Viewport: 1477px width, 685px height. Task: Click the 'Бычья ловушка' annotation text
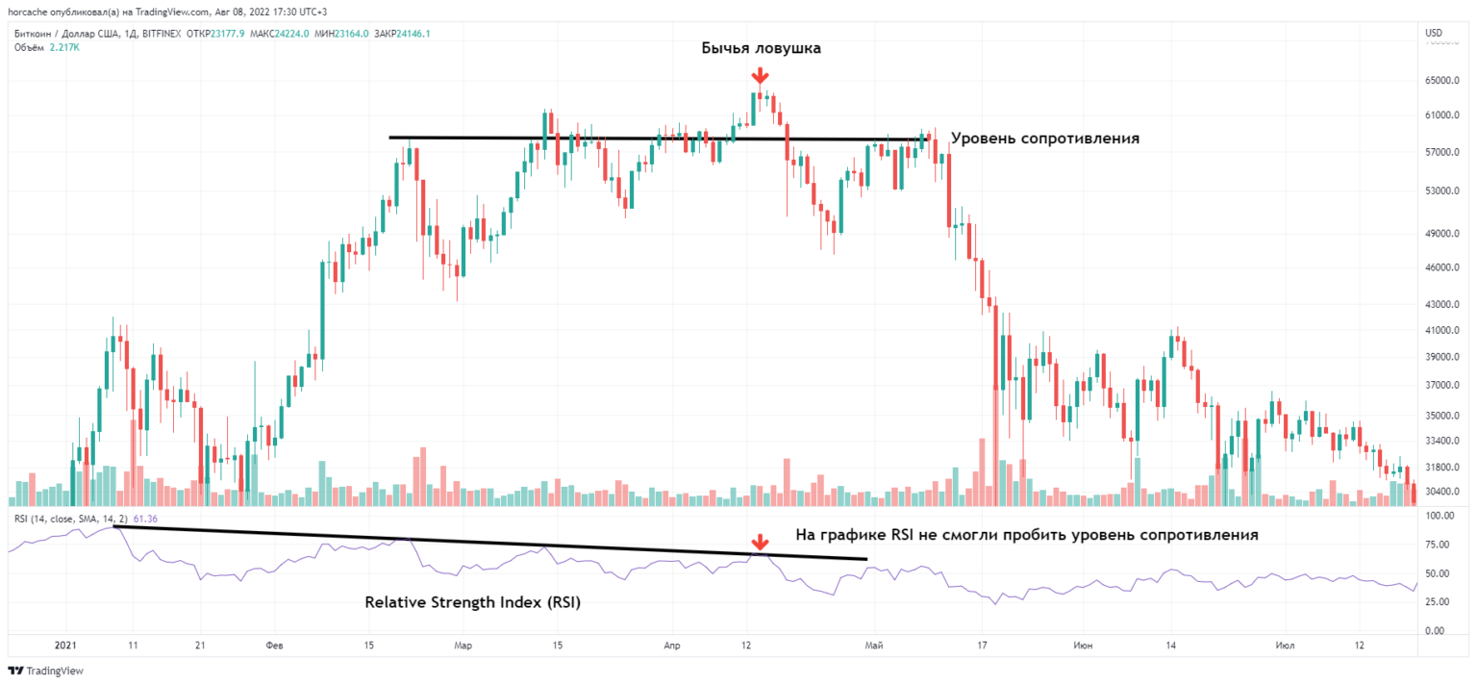[761, 48]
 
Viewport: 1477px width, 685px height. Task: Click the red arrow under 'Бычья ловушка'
[760, 76]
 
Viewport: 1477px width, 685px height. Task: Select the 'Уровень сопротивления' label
[1044, 138]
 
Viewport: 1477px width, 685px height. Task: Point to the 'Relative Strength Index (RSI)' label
[472, 603]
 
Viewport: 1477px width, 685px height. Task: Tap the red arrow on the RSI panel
[760, 543]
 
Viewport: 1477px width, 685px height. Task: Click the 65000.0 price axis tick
[1442, 81]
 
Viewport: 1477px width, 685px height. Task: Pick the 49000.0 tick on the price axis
[1442, 234]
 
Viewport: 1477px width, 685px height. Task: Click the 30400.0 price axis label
[1442, 492]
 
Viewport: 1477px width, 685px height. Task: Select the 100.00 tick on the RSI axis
[1439, 517]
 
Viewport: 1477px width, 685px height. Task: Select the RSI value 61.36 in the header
[145, 520]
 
